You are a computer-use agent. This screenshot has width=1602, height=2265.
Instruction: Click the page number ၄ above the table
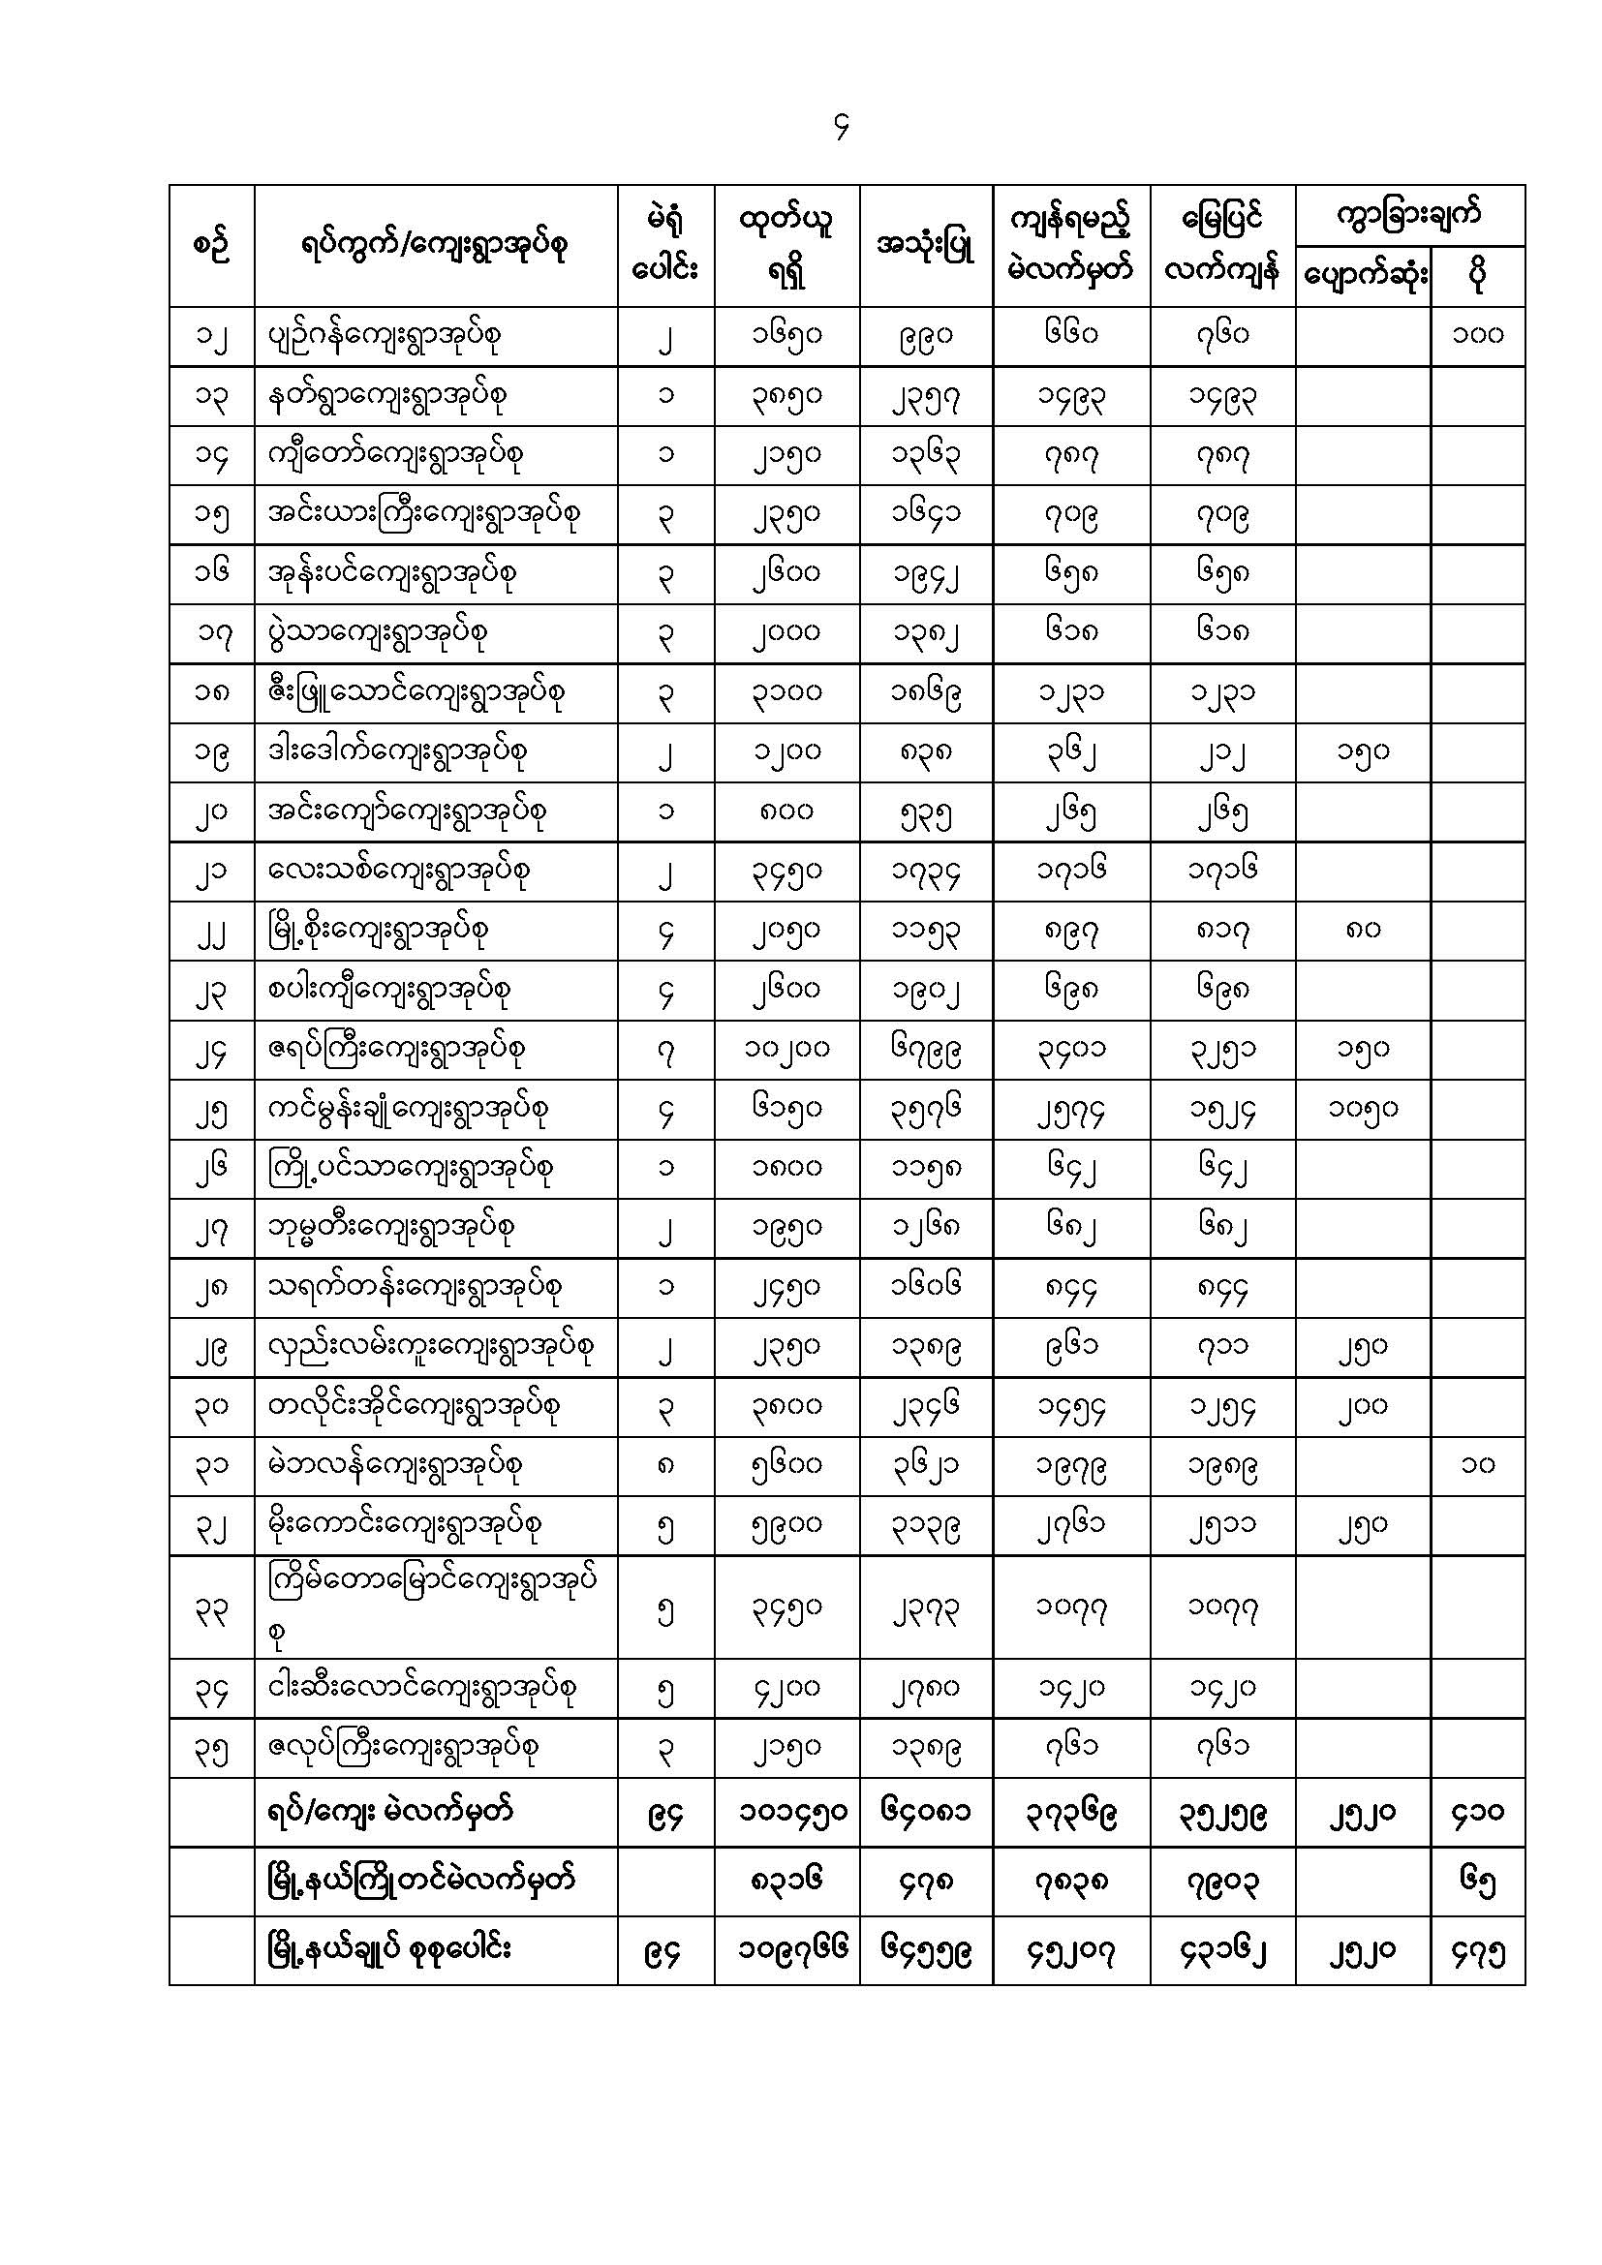click(x=841, y=127)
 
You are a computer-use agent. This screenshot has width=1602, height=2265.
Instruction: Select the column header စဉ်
click(x=211, y=246)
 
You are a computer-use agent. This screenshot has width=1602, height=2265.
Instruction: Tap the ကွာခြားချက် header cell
click(x=1408, y=215)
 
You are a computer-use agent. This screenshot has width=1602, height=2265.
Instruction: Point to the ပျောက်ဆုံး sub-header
click(x=1364, y=277)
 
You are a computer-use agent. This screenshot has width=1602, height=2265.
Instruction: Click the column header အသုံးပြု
click(x=925, y=247)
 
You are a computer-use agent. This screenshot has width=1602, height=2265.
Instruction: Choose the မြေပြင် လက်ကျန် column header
click(x=1222, y=246)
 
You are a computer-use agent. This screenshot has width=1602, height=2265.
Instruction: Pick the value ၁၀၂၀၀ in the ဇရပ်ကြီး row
click(x=786, y=1049)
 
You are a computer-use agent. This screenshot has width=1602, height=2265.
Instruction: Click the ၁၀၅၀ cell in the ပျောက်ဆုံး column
click(x=1363, y=1108)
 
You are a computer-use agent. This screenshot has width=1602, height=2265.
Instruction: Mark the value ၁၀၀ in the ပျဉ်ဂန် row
click(x=1477, y=335)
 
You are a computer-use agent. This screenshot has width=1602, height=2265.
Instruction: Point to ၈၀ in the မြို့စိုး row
click(x=1363, y=930)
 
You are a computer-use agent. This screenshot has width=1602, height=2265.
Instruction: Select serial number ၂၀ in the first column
click(x=211, y=811)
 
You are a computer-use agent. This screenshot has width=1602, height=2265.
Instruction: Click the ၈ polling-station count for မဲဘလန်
click(x=665, y=1465)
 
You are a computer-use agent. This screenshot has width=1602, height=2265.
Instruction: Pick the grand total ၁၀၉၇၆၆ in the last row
click(x=786, y=1950)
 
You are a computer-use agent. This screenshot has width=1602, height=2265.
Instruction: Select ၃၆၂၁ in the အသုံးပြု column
click(x=925, y=1465)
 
